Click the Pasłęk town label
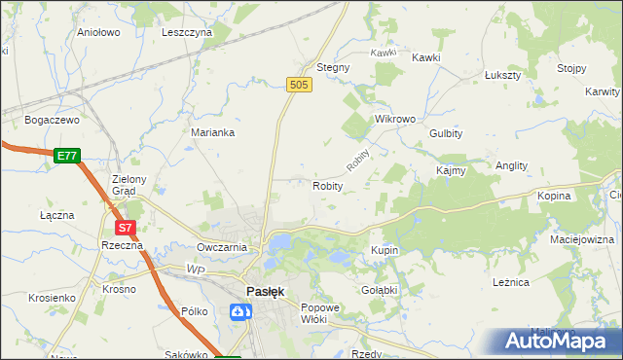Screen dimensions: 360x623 [x=264, y=292]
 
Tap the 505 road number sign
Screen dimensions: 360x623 [x=300, y=87]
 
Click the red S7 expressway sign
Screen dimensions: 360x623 [x=125, y=228]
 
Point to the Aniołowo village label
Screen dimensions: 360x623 [x=97, y=31]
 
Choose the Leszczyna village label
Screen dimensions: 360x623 [x=187, y=31]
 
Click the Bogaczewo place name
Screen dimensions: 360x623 [x=52, y=119]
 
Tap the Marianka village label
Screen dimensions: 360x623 [x=212, y=132]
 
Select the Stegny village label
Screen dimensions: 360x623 [x=333, y=67]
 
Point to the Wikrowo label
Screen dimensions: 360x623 [x=395, y=119]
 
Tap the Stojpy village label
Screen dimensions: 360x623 [x=571, y=67]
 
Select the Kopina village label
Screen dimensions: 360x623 [x=554, y=196]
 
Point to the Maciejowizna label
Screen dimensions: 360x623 [x=582, y=238]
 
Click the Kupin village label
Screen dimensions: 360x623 [x=385, y=250]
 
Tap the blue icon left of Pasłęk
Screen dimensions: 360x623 [x=238, y=311]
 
